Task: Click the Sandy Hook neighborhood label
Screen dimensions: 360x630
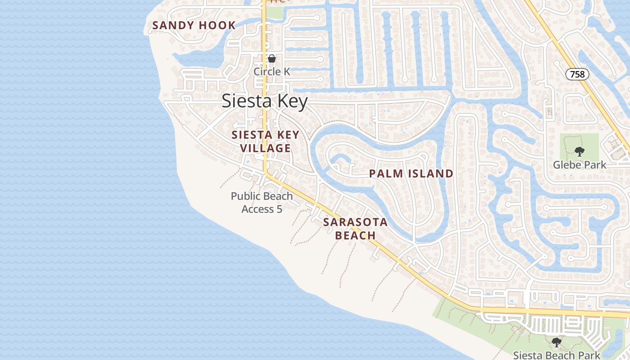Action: click(194, 25)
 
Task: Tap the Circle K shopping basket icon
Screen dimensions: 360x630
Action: click(272, 58)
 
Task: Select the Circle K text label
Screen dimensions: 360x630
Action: click(271, 72)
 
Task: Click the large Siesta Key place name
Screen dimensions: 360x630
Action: click(265, 101)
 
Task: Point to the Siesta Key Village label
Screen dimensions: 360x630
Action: click(265, 141)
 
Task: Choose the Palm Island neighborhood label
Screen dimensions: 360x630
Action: click(411, 174)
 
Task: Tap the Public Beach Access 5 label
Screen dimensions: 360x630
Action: click(261, 202)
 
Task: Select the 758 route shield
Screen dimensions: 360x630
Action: click(577, 74)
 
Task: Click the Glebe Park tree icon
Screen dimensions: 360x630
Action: click(579, 152)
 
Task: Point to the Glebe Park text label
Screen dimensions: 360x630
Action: click(580, 165)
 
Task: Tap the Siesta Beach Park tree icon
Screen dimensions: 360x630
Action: click(557, 342)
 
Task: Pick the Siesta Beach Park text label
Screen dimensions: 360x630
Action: click(557, 355)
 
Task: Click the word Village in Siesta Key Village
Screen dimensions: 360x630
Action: click(265, 148)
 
